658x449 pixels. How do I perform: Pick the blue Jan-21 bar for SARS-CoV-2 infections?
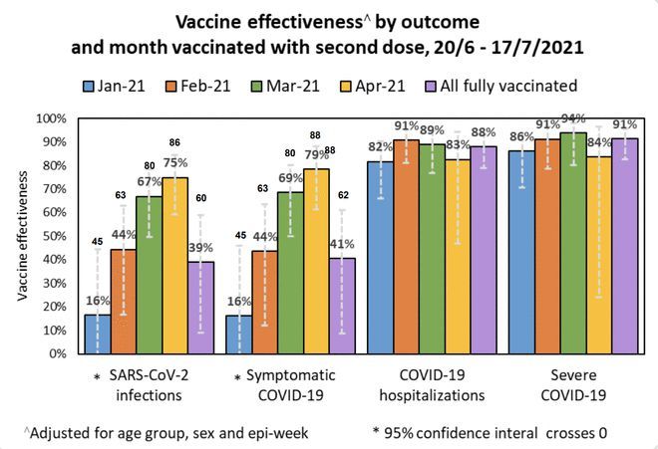tap(98, 334)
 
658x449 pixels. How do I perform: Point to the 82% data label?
tap(381, 147)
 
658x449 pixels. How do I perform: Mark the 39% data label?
tap(202, 248)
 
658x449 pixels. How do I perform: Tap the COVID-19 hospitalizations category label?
tap(426, 385)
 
